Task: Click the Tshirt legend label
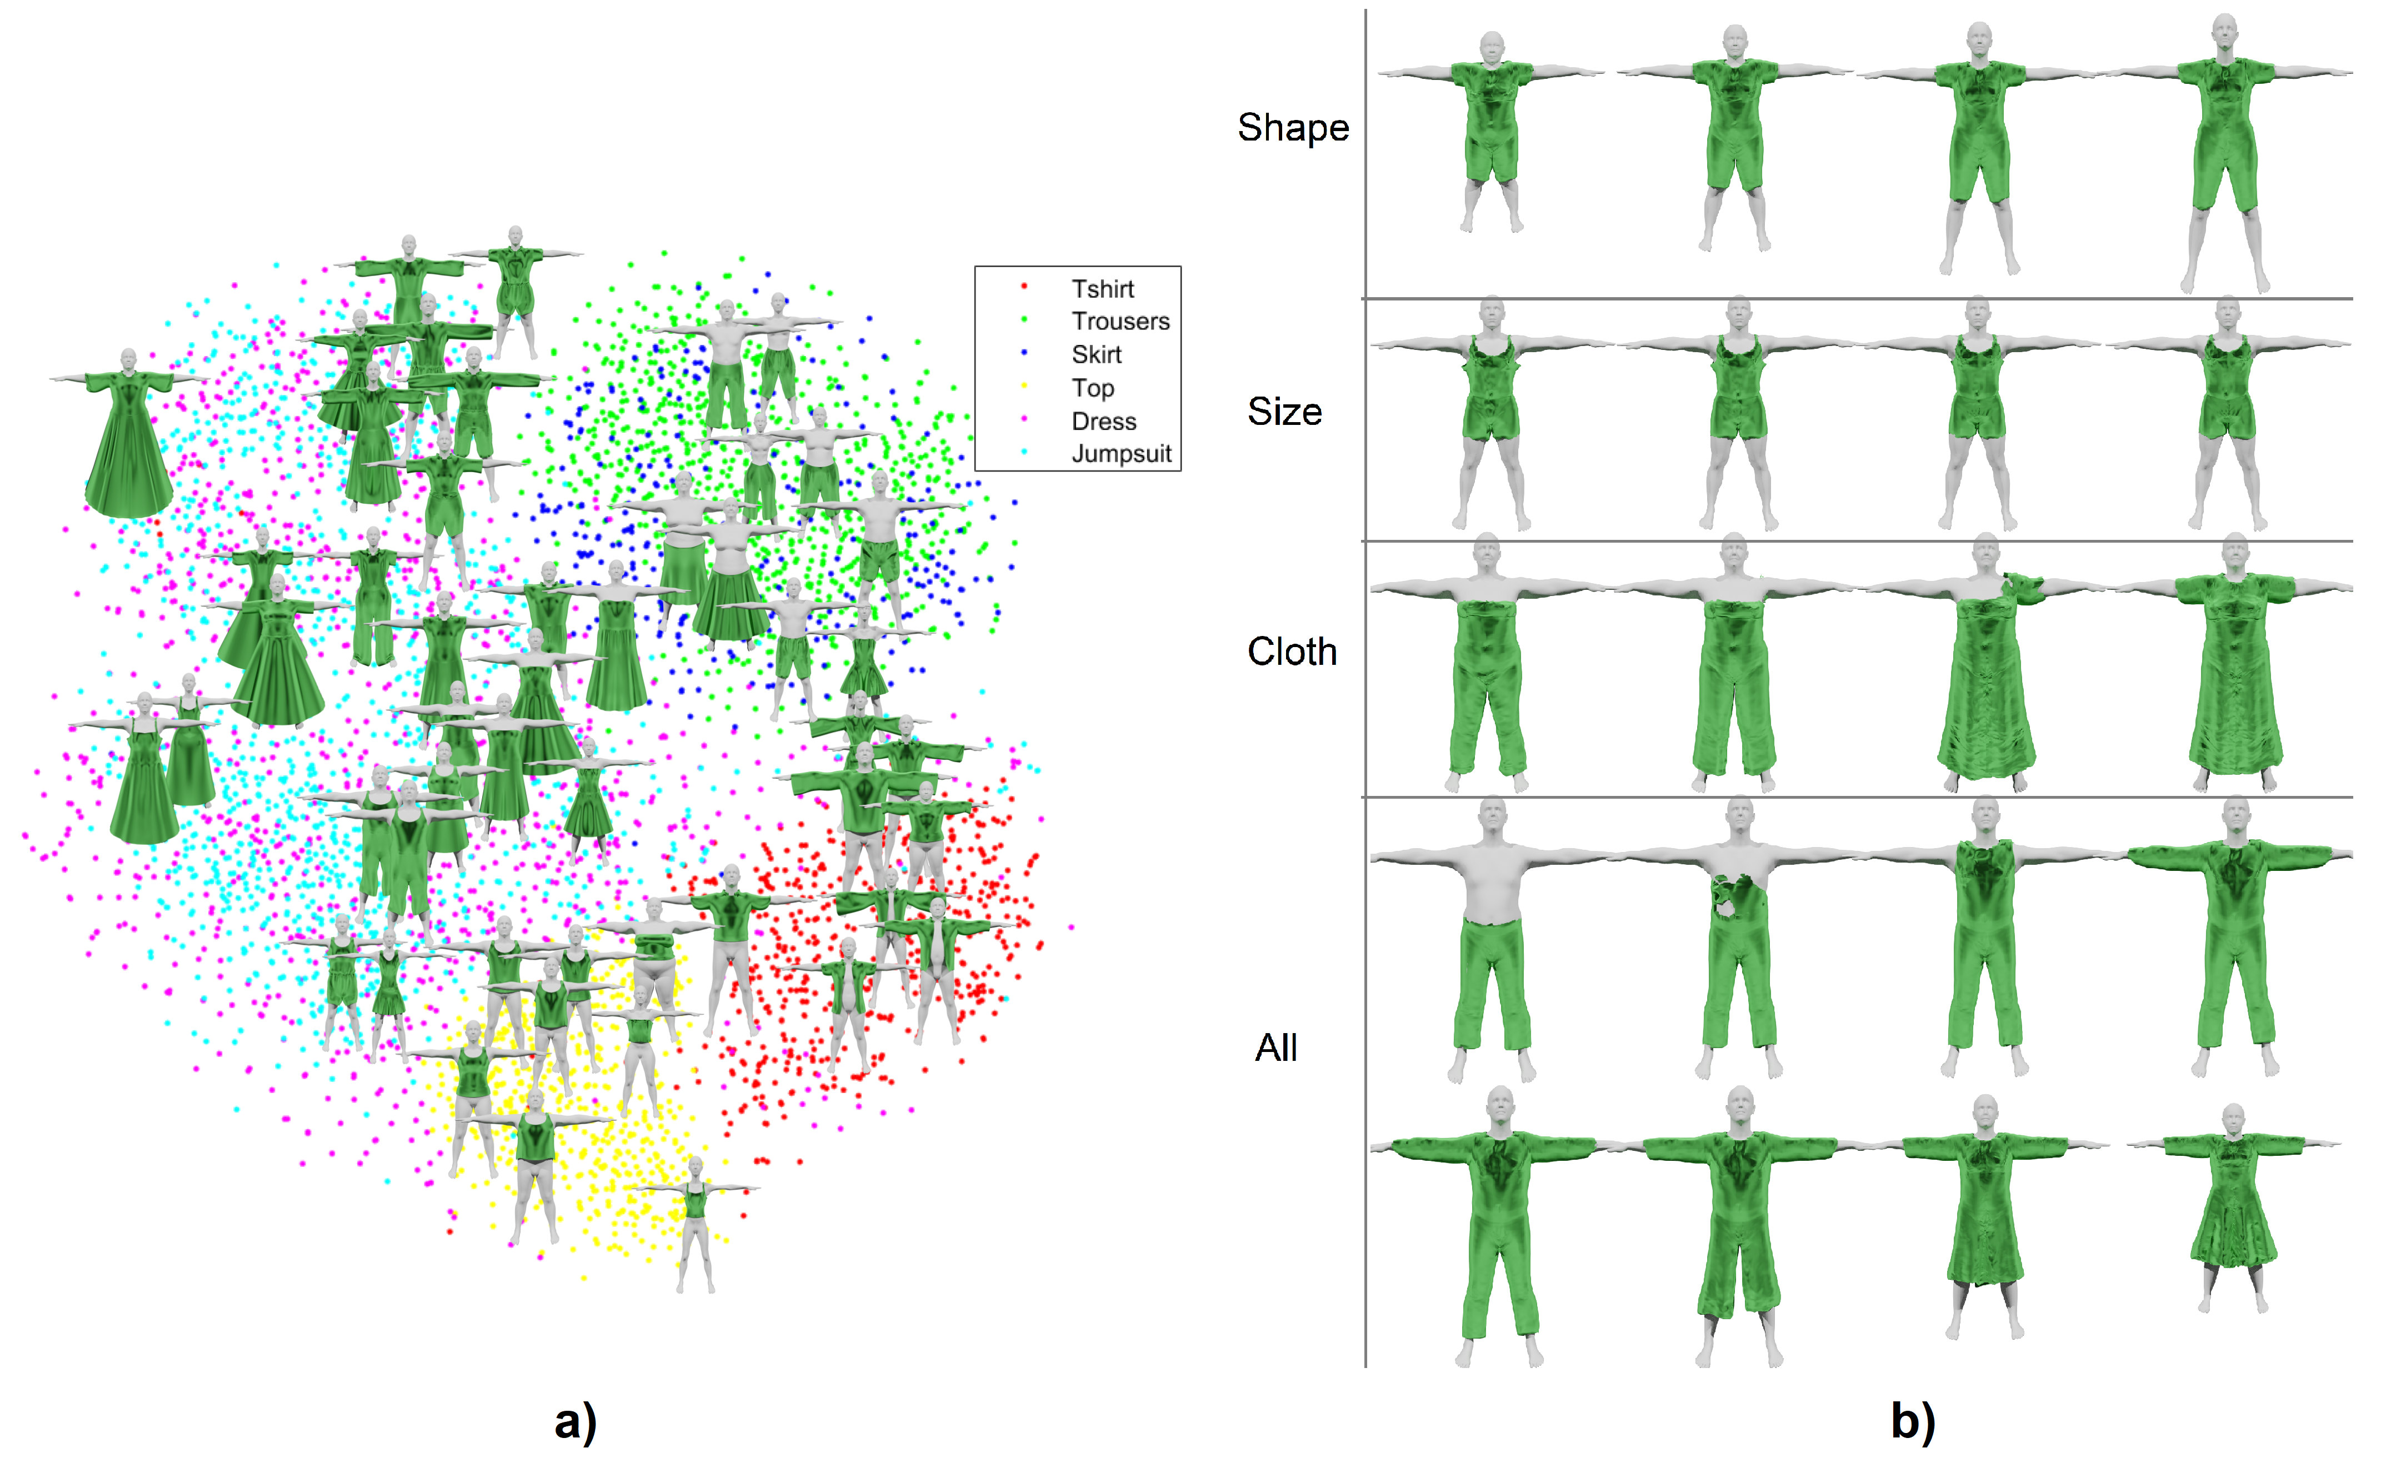tap(1102, 289)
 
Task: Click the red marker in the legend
tap(1024, 287)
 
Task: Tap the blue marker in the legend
tap(1024, 353)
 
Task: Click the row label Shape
tap(1293, 128)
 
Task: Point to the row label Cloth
tap(1292, 651)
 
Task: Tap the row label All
tap(1275, 1048)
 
